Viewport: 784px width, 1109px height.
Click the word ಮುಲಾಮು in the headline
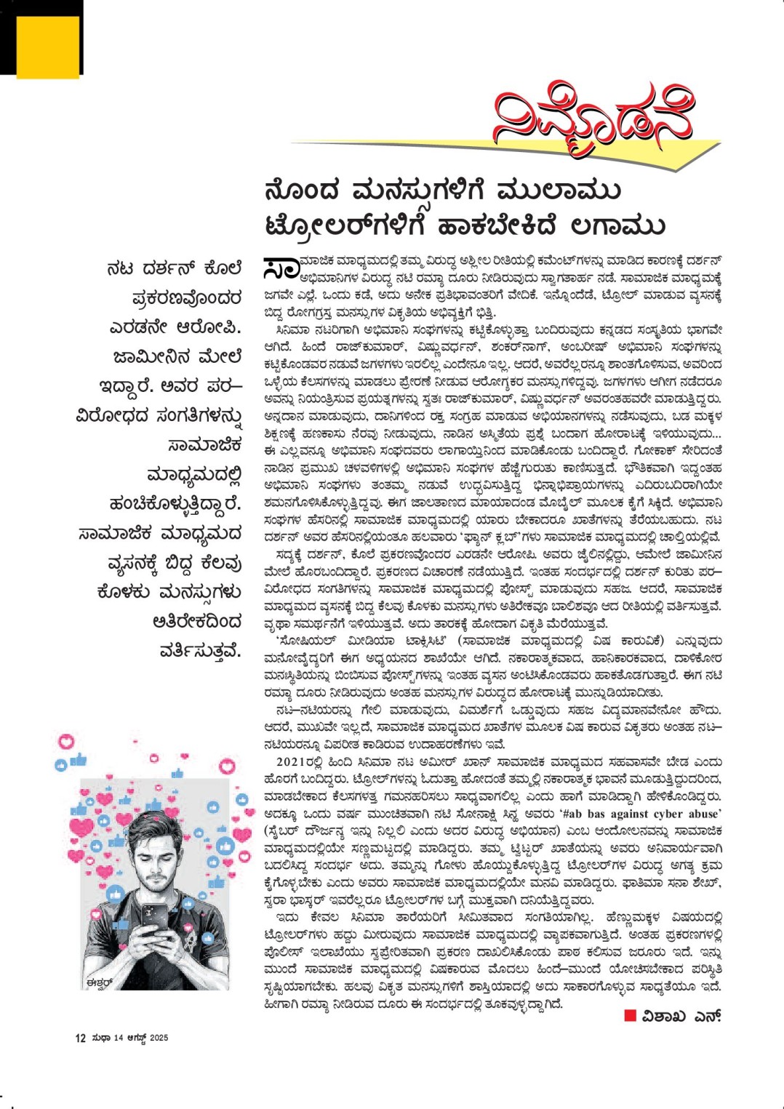click(x=559, y=191)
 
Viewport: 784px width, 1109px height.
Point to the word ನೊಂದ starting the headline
click(x=303, y=191)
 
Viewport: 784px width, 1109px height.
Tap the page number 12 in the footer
click(x=80, y=1038)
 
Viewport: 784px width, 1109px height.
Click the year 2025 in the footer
click(x=159, y=1038)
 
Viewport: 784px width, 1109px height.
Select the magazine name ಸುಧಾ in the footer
click(x=100, y=1038)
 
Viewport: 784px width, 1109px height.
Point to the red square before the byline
click(x=630, y=1015)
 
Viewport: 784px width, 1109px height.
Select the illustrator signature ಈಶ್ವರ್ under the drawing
click(x=99, y=982)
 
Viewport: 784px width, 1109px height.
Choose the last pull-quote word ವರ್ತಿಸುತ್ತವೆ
click(x=200, y=651)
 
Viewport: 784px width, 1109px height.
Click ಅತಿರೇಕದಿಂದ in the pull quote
click(x=196, y=622)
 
